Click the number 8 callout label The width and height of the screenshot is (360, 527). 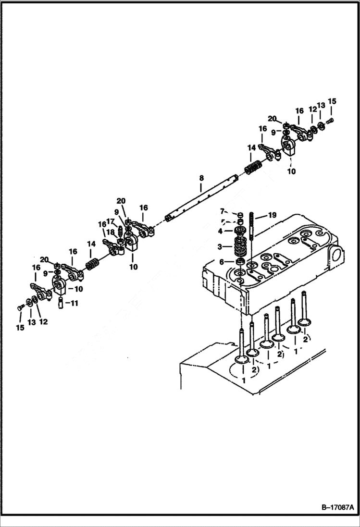201,178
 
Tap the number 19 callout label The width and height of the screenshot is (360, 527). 272,216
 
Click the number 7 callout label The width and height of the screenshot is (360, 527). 222,211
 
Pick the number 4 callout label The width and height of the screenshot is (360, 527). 221,231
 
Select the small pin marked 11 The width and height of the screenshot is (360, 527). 61,304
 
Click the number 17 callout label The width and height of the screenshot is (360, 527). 110,221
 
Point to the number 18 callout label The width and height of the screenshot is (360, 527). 110,232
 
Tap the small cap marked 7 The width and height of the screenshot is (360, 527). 239,214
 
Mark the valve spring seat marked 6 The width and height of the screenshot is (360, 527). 239,261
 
